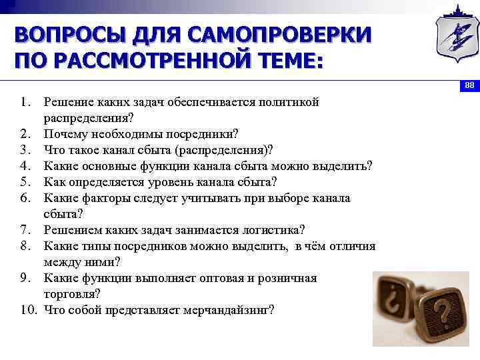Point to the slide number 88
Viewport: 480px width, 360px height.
tap(469, 85)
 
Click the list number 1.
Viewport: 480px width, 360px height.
tap(26, 102)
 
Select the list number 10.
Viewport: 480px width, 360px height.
tap(28, 310)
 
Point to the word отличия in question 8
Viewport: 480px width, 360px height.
tap(352, 246)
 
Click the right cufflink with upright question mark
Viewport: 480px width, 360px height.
tap(441, 310)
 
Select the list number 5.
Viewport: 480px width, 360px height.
tap(26, 182)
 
